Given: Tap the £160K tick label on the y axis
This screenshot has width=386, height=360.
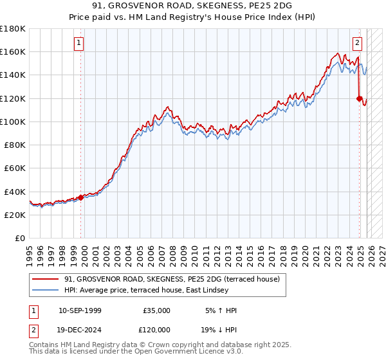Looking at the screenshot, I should point(13,51).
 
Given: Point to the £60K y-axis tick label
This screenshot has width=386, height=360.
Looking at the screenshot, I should point(15,168).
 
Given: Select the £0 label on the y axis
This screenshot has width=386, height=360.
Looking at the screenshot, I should point(20,238).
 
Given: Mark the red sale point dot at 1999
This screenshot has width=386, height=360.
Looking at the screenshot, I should point(80,197).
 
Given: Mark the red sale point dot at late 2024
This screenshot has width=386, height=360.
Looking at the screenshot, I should point(359,98).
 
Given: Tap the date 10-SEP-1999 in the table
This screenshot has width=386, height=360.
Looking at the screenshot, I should point(79,310).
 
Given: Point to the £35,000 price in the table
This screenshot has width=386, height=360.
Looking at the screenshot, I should point(156,310).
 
